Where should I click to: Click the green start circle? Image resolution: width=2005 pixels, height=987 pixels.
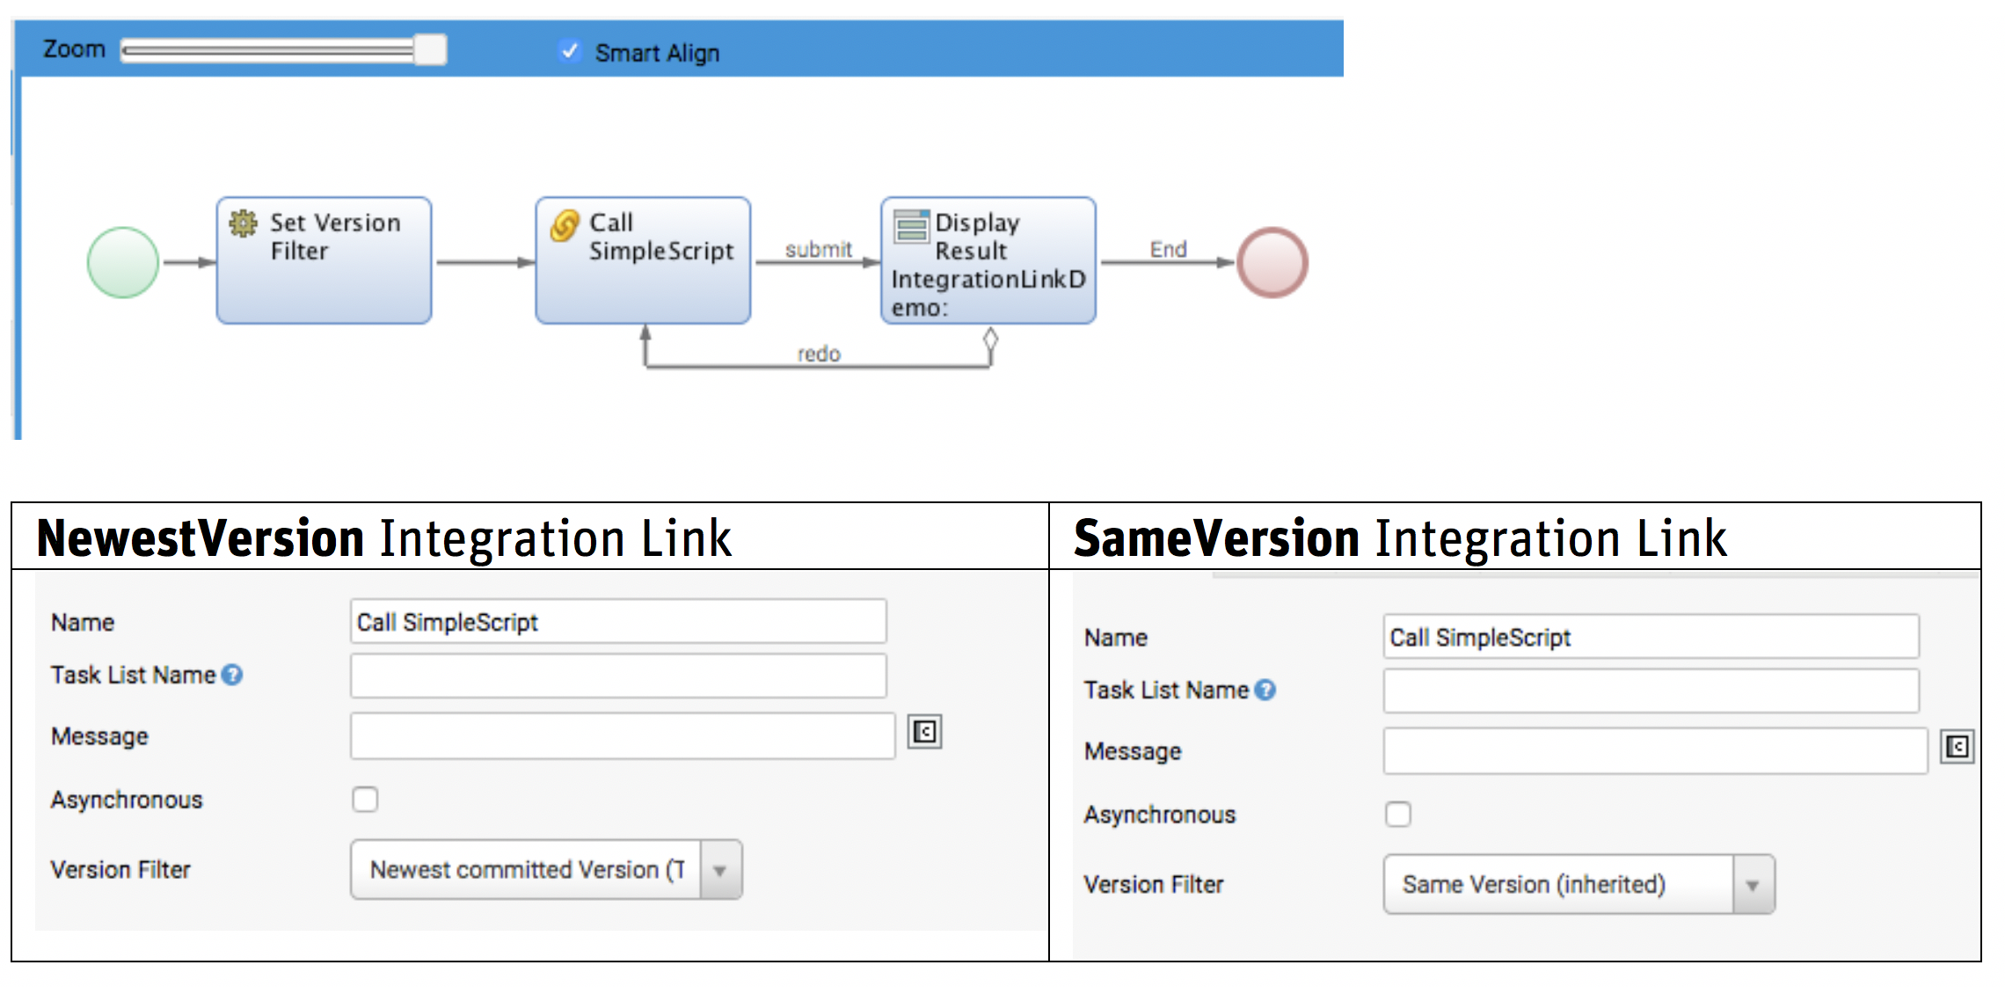pyautogui.click(x=123, y=262)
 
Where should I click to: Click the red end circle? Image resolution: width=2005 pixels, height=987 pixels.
pyautogui.click(x=1272, y=262)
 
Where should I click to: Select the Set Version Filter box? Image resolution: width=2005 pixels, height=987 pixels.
pyautogui.click(x=324, y=260)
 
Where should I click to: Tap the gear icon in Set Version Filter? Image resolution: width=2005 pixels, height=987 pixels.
pyautogui.click(x=243, y=223)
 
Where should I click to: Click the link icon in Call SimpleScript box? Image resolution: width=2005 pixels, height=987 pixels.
pyautogui.click(x=564, y=225)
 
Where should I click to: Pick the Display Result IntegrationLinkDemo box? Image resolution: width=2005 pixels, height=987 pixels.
pyautogui.click(x=988, y=260)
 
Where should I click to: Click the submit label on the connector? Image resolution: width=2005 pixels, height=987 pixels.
pyautogui.click(x=818, y=250)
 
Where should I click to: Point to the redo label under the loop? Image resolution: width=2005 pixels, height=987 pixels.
pyautogui.click(x=819, y=354)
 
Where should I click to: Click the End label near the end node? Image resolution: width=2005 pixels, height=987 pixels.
pyautogui.click(x=1168, y=250)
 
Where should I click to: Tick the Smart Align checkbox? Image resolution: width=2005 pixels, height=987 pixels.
pyautogui.click(x=570, y=51)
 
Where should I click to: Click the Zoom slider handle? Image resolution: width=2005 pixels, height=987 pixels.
pyautogui.click(x=430, y=50)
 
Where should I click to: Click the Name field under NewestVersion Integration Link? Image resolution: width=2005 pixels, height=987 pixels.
pyautogui.click(x=617, y=622)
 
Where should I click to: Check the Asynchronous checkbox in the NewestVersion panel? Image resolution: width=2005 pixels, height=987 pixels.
pyautogui.click(x=365, y=800)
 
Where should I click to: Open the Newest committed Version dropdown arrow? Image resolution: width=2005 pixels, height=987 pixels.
pyautogui.click(x=720, y=870)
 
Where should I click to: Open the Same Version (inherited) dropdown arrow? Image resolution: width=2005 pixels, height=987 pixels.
pyautogui.click(x=1753, y=885)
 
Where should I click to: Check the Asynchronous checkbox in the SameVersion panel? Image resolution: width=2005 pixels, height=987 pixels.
pyautogui.click(x=1397, y=815)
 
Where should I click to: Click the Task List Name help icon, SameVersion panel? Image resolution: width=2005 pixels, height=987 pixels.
pyautogui.click(x=1265, y=691)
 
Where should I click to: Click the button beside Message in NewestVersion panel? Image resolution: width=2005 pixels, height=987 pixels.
pyautogui.click(x=924, y=732)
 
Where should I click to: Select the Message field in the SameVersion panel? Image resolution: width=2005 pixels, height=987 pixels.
pyautogui.click(x=1654, y=751)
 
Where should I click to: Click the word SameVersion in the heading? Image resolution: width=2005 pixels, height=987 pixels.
pyautogui.click(x=1216, y=538)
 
